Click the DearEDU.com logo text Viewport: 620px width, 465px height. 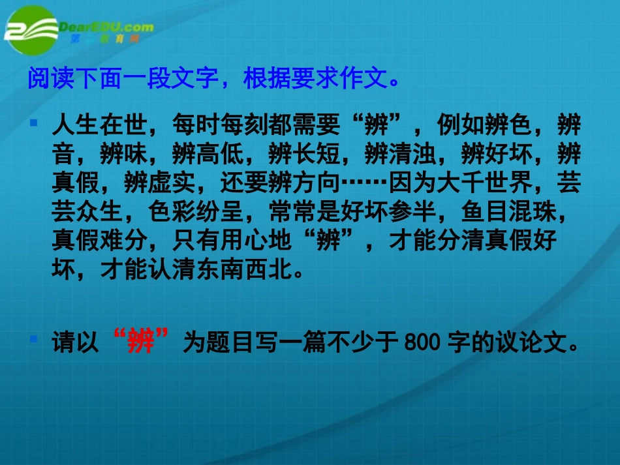coord(106,27)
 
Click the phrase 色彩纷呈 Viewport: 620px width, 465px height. coord(196,213)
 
